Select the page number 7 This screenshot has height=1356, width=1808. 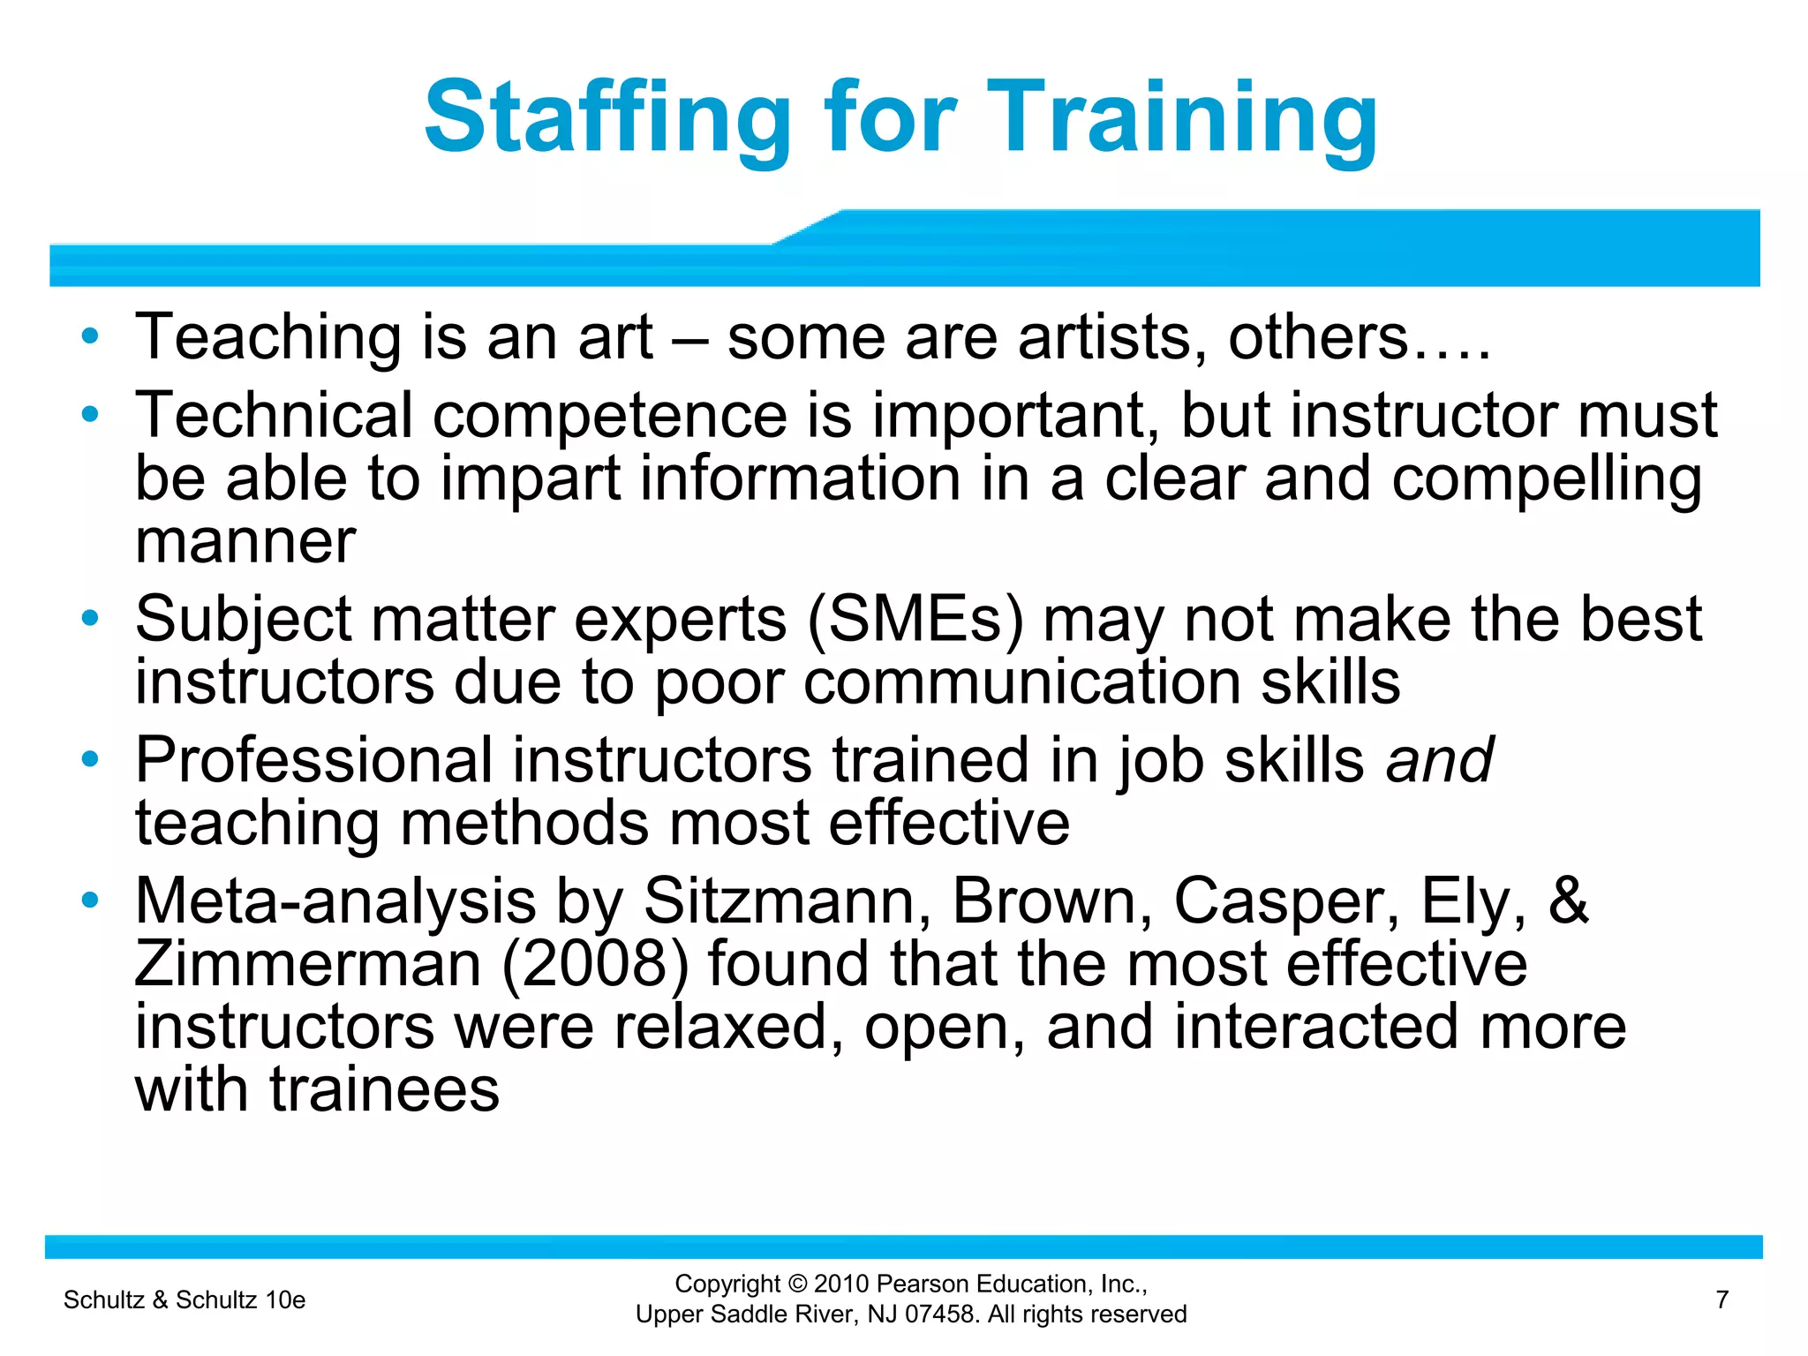tap(1721, 1299)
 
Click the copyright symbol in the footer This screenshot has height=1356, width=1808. tap(798, 1284)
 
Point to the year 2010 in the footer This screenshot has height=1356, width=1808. tap(842, 1284)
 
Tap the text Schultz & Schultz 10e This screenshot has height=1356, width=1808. tap(185, 1299)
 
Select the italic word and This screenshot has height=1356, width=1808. tap(1439, 760)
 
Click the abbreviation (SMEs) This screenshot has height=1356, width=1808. tap(915, 619)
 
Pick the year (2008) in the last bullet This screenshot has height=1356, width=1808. tap(595, 964)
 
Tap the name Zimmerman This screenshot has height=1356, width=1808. tap(308, 964)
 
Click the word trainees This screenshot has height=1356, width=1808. tap(384, 1089)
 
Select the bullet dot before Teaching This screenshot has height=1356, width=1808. tap(89, 336)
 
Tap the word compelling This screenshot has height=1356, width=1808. tap(1547, 478)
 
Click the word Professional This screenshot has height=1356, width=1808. tap(313, 760)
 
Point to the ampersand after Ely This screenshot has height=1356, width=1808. tap(1568, 901)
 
